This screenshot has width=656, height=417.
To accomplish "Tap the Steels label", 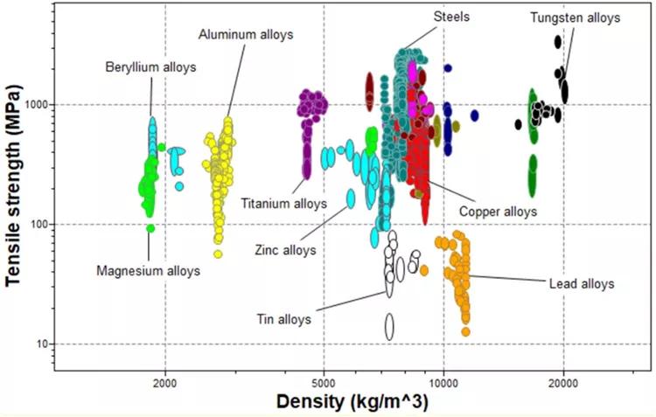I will point(450,17).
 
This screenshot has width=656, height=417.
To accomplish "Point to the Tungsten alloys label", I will point(575,17).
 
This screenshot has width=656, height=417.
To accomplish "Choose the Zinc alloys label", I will point(286,250).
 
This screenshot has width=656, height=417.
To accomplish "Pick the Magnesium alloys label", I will point(148,271).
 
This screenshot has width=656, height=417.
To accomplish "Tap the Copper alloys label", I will point(497,211).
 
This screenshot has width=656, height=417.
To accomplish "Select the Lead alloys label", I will point(582,283).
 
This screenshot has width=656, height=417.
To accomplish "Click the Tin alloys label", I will point(283,319).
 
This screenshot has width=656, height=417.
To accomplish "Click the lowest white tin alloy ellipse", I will point(390,326).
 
